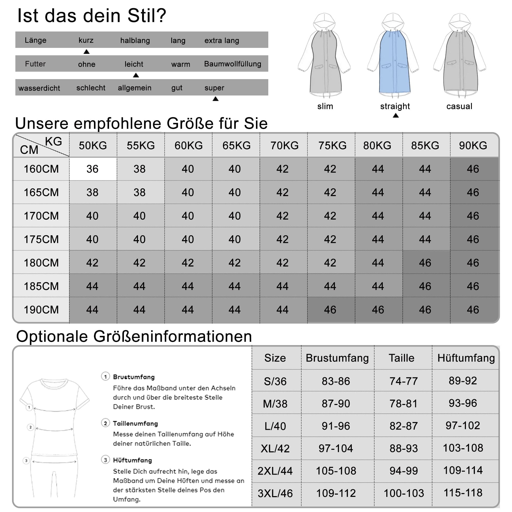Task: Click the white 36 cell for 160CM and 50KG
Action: coord(93,169)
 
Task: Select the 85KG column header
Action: coord(425,145)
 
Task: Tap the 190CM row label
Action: coord(41,310)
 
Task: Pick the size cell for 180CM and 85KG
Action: coord(425,263)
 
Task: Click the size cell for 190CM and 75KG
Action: coord(330,310)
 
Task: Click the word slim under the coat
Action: coord(325,106)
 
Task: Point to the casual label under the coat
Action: coord(459,106)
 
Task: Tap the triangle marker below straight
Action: coord(396,115)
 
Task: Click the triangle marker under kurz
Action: coord(86,52)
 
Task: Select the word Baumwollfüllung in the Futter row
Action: coord(232,64)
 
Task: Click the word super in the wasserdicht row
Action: coord(214,88)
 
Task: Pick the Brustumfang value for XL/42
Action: coord(336,449)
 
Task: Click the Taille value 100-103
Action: coord(404,493)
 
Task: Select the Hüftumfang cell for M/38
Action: coord(463,403)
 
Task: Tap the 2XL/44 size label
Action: coord(275,471)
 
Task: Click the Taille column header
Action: coord(401,358)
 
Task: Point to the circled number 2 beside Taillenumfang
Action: coord(105,423)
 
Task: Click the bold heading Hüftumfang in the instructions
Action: coord(133,460)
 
